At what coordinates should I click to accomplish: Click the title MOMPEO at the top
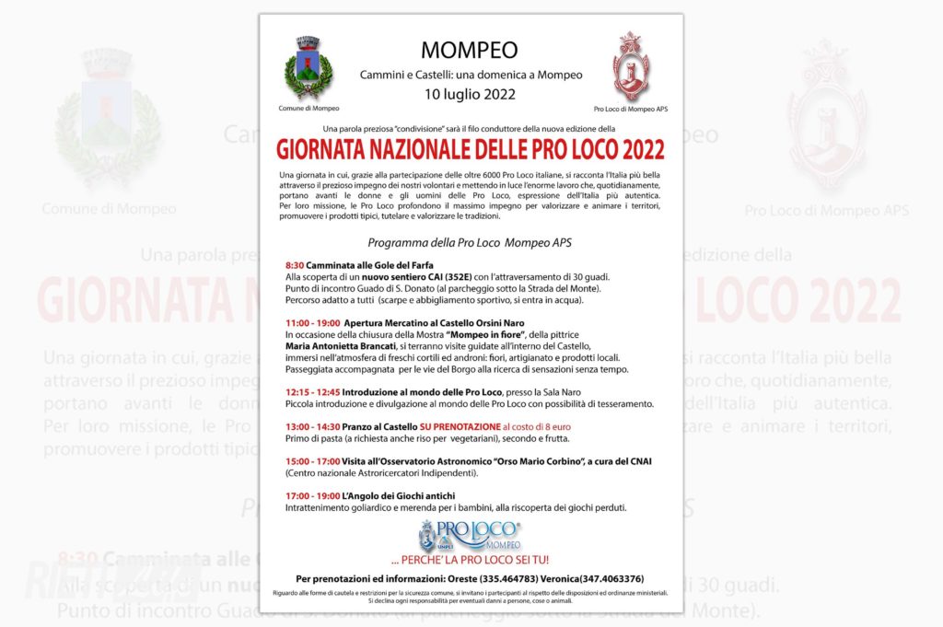470,50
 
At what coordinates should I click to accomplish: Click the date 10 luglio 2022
470,93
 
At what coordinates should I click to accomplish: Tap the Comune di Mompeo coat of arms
309,68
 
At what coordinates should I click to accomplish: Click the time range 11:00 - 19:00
311,323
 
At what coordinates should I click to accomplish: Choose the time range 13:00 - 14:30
312,427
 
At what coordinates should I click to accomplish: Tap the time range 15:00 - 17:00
312,461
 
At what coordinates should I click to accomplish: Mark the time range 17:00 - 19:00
312,496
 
